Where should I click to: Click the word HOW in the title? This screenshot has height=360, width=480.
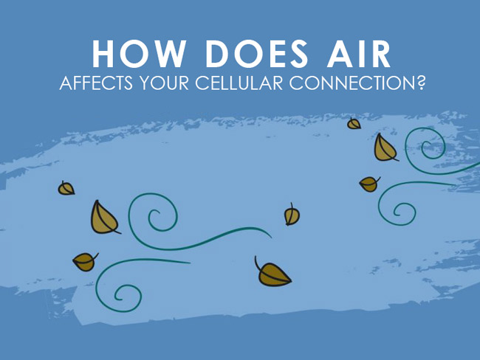tap(139, 54)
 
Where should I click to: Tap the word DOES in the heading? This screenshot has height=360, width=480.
tap(256, 54)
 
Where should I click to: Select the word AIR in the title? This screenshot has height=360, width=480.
tap(359, 54)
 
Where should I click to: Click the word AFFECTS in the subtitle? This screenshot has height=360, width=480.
tap(96, 83)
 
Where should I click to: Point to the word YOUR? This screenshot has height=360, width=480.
tap(165, 83)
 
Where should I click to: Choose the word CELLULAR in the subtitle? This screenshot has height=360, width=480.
tap(239, 83)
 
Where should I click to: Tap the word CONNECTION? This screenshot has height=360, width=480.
tap(351, 83)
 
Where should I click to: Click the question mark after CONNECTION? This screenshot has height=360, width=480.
tap(419, 83)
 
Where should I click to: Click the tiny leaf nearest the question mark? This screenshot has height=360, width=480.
tap(354, 124)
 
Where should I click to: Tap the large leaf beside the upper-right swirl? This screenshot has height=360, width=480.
tap(385, 148)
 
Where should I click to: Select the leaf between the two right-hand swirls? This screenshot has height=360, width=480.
tap(369, 184)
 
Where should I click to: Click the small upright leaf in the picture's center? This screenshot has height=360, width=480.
tap(292, 215)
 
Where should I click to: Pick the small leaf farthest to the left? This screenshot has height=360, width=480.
tap(66, 188)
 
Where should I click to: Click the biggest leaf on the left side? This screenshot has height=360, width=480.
tap(104, 218)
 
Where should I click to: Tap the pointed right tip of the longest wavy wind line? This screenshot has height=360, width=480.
tap(271, 238)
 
